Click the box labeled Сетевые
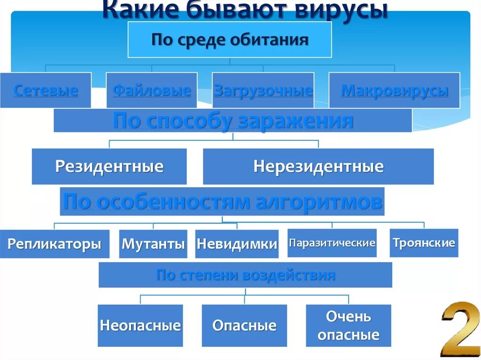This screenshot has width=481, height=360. (46, 90)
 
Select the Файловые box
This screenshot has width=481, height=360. (151, 90)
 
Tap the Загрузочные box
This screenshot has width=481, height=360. (263, 90)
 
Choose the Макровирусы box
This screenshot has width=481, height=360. (394, 90)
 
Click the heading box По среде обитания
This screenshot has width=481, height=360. (230, 40)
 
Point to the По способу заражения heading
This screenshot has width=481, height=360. (233, 121)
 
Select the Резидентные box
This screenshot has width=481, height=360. (109, 167)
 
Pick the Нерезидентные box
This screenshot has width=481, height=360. (318, 167)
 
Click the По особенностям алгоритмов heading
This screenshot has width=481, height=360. (222, 202)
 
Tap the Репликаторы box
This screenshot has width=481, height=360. (54, 244)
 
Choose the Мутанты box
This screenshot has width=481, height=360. (153, 244)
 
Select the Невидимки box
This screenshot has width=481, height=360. (237, 244)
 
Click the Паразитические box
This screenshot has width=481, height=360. (332, 243)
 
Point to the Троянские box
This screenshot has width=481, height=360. (424, 243)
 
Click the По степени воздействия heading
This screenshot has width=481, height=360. (245, 275)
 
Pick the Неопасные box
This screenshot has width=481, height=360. (140, 326)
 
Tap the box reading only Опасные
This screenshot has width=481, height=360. (244, 326)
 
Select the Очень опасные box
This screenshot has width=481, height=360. (349, 326)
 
